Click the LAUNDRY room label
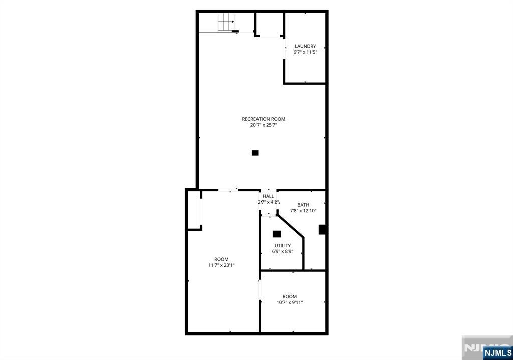point(305,46)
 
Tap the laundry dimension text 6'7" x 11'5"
point(305,52)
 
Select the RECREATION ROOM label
point(264,119)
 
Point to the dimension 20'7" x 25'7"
point(264,125)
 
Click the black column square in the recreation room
point(255,153)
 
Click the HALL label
point(268,196)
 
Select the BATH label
point(303,205)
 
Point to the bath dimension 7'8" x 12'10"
point(303,211)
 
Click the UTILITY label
point(282,246)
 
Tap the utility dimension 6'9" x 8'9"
point(282,252)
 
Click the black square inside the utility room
point(276,233)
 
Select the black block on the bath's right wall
point(323,230)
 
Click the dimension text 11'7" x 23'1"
point(221,265)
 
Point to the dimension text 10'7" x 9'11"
point(289,302)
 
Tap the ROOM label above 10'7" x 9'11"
point(289,296)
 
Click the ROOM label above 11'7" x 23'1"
point(221,259)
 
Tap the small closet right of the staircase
point(270,24)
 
